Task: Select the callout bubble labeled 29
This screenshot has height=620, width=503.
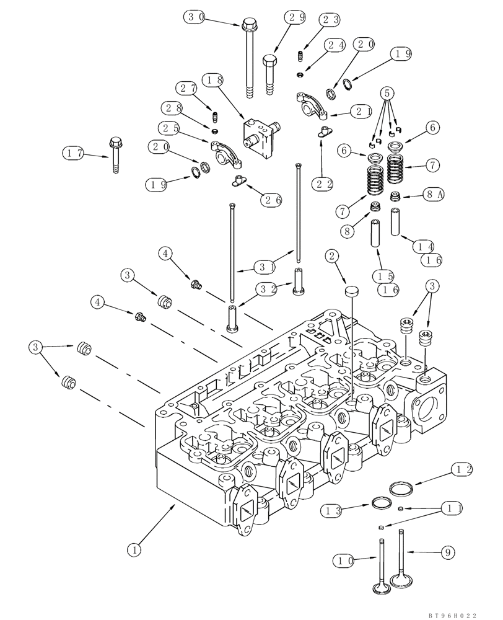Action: [294, 17]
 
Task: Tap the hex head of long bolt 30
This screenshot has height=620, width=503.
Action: [250, 26]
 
